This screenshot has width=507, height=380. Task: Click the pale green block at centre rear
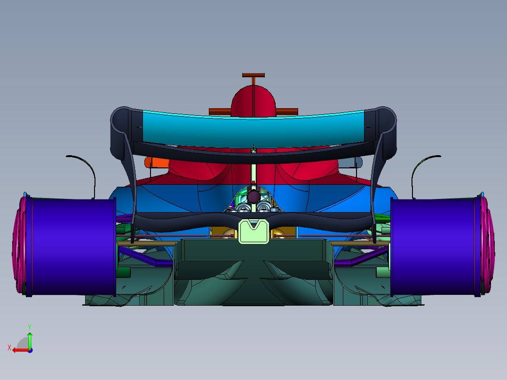click(253, 232)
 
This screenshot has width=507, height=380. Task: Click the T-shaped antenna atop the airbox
click(253, 76)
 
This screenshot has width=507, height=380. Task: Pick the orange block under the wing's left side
click(157, 162)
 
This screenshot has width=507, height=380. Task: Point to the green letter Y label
click(29, 326)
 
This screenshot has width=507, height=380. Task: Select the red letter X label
click(9, 348)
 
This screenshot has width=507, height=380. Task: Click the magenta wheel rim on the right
click(488, 245)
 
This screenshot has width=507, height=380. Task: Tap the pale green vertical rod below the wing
click(253, 172)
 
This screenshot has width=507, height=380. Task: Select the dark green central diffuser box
click(253, 259)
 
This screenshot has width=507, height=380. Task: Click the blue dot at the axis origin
click(30, 350)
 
